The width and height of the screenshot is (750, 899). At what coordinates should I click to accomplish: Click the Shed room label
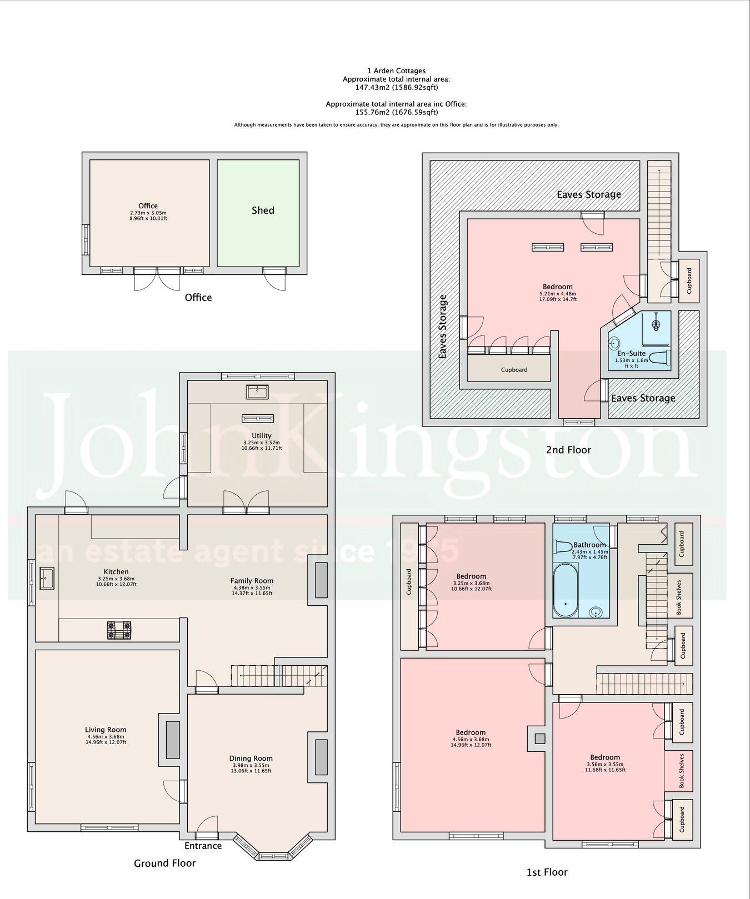pos(263,210)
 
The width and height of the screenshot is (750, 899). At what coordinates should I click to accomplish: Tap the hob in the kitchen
pos(121,630)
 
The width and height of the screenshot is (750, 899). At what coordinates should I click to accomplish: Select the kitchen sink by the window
pos(47,577)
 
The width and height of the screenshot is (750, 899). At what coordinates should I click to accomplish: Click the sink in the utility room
pos(257,392)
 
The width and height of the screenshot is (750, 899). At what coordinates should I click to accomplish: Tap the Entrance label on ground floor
pos(203,846)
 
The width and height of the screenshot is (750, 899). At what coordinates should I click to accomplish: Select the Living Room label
pos(106,730)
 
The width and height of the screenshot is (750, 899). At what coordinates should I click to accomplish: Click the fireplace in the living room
pos(173,740)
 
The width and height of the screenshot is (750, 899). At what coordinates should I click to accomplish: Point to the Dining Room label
pos(251,758)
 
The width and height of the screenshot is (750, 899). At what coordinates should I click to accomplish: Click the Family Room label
pos(252,580)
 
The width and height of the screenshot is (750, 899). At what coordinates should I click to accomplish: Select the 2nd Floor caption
pos(568,450)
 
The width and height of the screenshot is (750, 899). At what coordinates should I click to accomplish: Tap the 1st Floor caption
pos(547,872)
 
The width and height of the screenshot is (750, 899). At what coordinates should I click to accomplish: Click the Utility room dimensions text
pos(262,445)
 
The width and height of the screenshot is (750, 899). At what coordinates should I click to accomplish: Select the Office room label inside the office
pos(148,205)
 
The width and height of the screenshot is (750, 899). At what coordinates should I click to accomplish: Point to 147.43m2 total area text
pos(396,87)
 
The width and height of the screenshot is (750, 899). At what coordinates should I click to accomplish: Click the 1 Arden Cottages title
pos(396,71)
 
